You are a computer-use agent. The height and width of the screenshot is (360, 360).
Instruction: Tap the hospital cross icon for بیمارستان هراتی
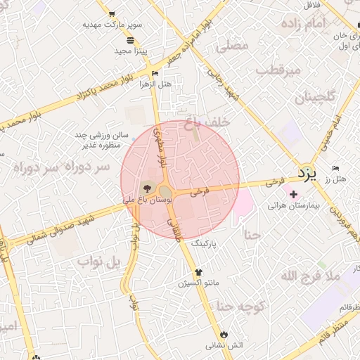tap(293, 194)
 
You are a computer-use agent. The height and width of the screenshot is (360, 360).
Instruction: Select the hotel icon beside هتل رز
tap(335, 169)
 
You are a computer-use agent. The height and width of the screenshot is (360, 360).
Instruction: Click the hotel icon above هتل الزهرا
tap(155, 73)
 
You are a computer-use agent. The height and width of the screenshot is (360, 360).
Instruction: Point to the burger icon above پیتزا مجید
tap(130, 40)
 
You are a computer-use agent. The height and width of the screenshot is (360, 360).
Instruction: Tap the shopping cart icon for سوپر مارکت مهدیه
tap(112, 13)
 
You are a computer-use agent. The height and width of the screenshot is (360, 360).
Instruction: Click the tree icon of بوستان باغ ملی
tap(146, 188)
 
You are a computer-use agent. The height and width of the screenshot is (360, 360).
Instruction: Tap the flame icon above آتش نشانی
tap(224, 333)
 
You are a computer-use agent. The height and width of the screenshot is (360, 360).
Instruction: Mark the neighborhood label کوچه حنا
tap(240, 306)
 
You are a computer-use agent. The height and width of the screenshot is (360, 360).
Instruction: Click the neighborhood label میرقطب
tap(278, 70)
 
